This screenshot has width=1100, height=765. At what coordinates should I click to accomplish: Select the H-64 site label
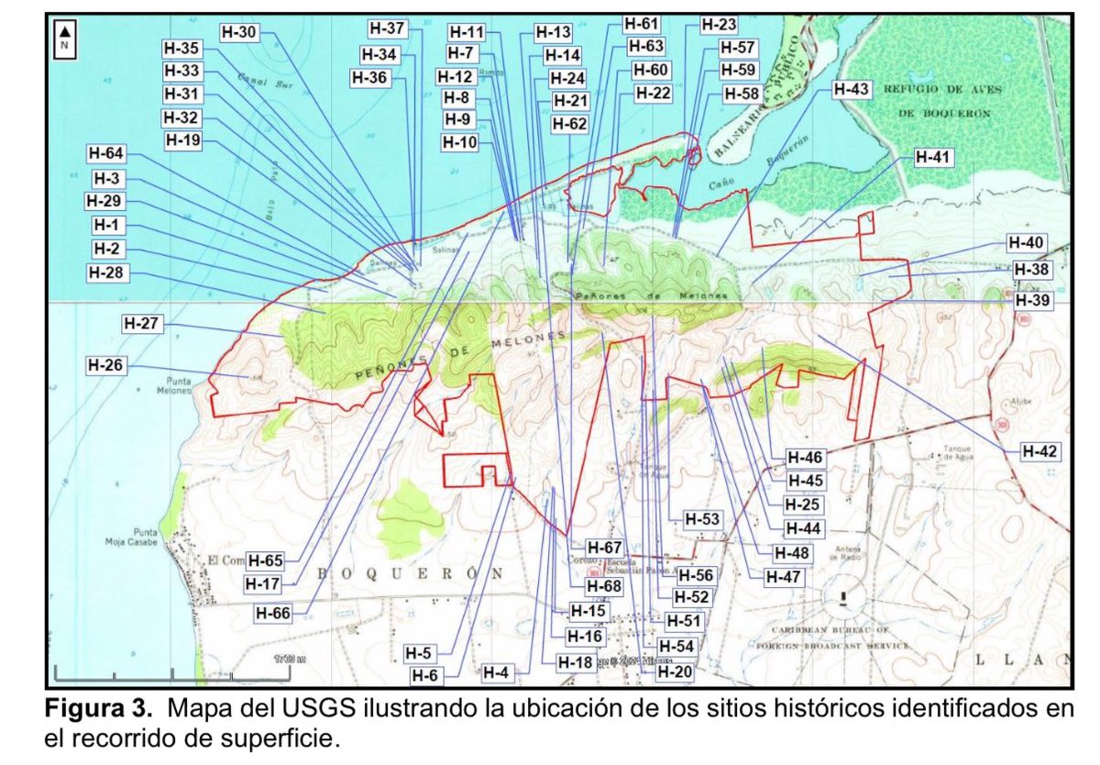pos(107,153)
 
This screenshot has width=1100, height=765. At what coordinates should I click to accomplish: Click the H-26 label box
pos(107,364)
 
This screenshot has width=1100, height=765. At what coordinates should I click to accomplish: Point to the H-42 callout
pos(1041,451)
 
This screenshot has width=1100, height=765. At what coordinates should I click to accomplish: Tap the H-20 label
pos(676,671)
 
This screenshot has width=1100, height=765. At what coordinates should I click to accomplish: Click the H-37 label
pos(387,29)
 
